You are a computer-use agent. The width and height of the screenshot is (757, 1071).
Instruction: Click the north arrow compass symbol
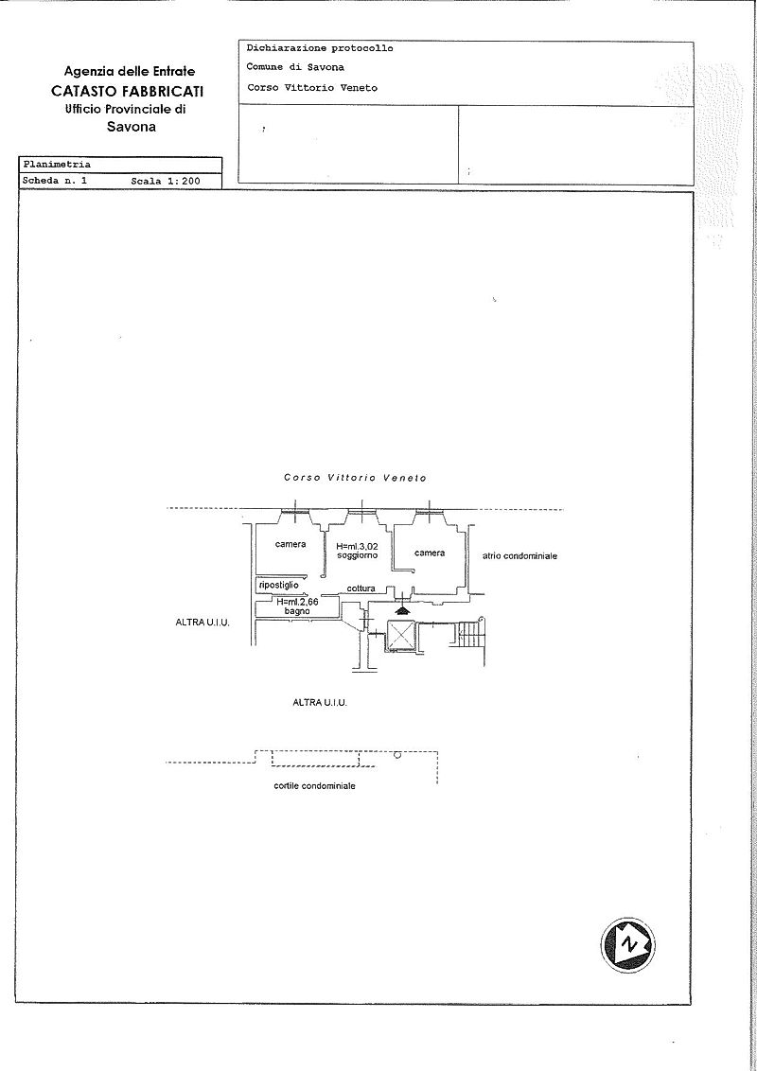pos(627,945)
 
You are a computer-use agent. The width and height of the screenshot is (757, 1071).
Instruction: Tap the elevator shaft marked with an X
pos(400,637)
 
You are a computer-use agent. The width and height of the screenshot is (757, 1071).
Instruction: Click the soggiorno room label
pos(358,555)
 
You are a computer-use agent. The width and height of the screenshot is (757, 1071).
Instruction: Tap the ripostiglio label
pos(279,586)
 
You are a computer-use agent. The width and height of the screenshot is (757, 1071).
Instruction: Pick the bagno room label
pos(297,611)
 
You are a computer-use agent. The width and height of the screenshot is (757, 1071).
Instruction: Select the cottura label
pos(361,588)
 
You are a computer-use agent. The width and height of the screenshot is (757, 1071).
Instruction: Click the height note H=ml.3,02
pos(357,547)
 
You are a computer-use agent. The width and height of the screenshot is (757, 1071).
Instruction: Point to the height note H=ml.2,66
pos(297,603)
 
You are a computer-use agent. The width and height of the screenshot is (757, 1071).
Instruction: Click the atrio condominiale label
pos(519,556)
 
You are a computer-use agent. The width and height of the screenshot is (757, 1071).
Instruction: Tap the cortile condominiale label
pos(314,785)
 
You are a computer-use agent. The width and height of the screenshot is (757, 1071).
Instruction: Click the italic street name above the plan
pos(355,478)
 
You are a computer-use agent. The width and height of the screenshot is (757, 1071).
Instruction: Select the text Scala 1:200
pos(166,181)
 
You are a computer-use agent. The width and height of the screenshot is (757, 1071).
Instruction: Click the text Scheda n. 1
pos(55,181)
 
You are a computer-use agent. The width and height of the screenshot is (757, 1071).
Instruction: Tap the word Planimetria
pos(57,165)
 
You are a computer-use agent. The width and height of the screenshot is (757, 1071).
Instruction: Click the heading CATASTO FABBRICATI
pos(127,91)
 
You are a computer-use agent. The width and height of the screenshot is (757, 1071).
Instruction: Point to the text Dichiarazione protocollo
pos(320,48)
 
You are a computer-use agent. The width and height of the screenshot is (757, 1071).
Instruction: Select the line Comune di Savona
pos(295,67)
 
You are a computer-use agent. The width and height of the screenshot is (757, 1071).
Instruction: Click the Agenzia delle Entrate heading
pos(129,71)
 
